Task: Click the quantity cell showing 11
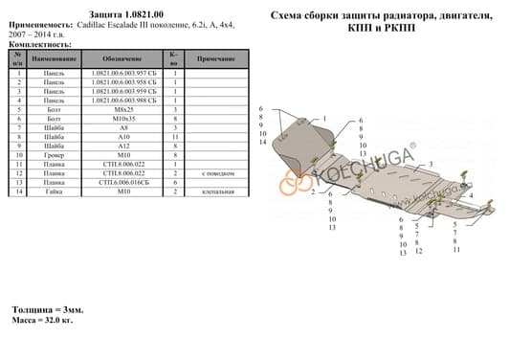tap(174, 139)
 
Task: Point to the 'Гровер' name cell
tap(55, 156)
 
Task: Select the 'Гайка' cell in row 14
tap(55, 191)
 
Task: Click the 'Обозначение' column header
tap(124, 59)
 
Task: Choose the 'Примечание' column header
tap(217, 59)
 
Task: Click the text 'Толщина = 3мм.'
tap(48, 310)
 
